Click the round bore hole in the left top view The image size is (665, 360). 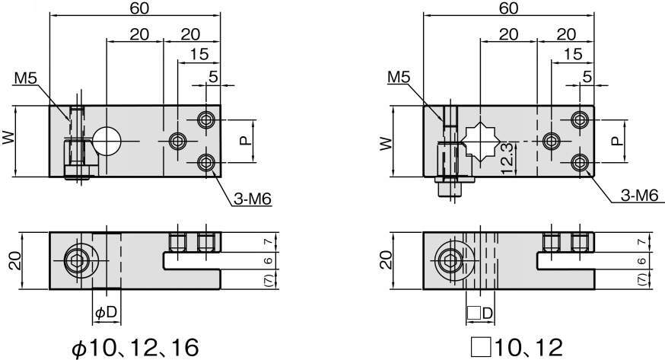pyautogui.click(x=107, y=141)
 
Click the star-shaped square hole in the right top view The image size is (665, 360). pyautogui.click(x=480, y=141)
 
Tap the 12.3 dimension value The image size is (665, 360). pyautogui.click(x=507, y=159)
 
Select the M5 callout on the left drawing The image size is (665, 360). pyautogui.click(x=26, y=78)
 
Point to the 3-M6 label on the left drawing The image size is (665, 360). pyautogui.click(x=253, y=199)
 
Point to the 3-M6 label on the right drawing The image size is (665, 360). pyautogui.click(x=639, y=195)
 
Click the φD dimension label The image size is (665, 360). pyautogui.click(x=106, y=313)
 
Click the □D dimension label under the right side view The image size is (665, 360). pyautogui.click(x=480, y=314)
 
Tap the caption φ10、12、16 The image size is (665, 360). pyautogui.click(x=135, y=348)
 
